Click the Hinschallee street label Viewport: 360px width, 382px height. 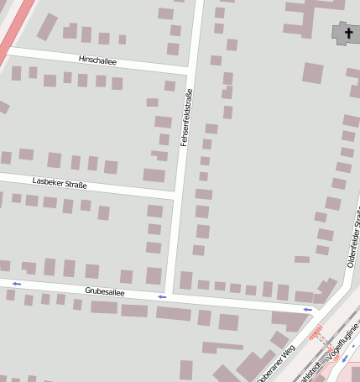click(97, 61)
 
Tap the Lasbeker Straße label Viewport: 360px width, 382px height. click(60, 182)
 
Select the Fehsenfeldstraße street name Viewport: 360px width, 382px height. click(186, 118)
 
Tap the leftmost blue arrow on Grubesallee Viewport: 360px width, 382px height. click(17, 284)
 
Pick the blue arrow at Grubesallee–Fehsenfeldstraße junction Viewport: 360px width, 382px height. click(162, 297)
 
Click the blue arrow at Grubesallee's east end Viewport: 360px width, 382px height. click(308, 311)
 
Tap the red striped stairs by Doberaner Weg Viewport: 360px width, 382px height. click(316, 335)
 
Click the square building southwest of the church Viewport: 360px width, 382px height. click(312, 72)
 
